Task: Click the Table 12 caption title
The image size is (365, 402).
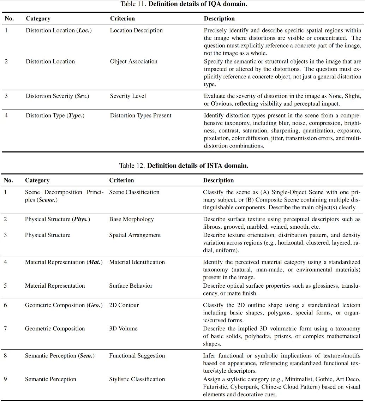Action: (184, 166)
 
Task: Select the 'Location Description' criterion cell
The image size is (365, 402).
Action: (136, 30)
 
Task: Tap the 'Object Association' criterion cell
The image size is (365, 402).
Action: (134, 61)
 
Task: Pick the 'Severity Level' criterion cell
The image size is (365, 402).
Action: (128, 96)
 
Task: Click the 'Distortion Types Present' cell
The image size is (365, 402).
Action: (140, 115)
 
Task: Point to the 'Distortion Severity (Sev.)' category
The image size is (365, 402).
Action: (57, 96)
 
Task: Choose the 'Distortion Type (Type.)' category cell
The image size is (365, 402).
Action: (55, 115)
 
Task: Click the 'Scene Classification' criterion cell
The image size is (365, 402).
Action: (134, 192)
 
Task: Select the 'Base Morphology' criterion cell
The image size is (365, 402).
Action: (131, 219)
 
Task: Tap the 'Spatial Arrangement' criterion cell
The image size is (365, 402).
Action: (135, 235)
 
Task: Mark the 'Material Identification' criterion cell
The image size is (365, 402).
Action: (137, 262)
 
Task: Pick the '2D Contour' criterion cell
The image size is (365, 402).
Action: (124, 305)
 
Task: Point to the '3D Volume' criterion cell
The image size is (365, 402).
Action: (123, 329)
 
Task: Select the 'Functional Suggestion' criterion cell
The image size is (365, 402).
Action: (137, 355)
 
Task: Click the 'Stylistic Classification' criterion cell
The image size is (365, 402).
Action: (137, 379)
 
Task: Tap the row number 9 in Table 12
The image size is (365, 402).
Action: (5, 379)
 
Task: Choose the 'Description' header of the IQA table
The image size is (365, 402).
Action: (219, 18)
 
